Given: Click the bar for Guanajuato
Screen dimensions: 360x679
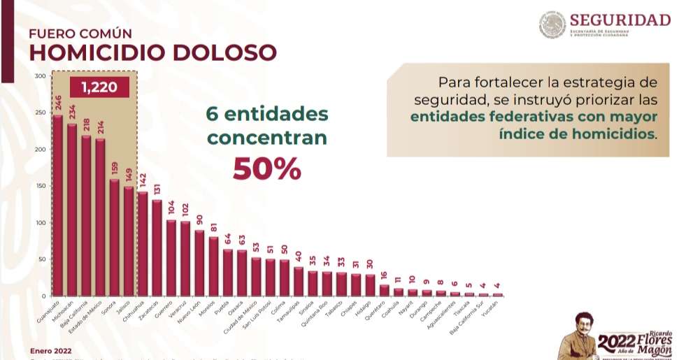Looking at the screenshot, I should click(57, 206).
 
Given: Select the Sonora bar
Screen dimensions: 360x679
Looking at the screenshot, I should click(114, 238).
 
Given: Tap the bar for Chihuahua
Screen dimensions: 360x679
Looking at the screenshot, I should click(143, 243).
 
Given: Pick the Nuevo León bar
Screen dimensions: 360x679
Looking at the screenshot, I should click(199, 263).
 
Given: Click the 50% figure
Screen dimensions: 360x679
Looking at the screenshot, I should click(267, 168).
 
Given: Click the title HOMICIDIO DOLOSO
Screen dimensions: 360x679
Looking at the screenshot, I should click(152, 52).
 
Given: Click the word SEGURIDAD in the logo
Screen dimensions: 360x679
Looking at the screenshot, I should click(620, 20).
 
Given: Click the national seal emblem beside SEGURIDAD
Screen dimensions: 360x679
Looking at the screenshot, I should click(552, 24).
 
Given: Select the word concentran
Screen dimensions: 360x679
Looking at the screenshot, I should click(266, 138).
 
